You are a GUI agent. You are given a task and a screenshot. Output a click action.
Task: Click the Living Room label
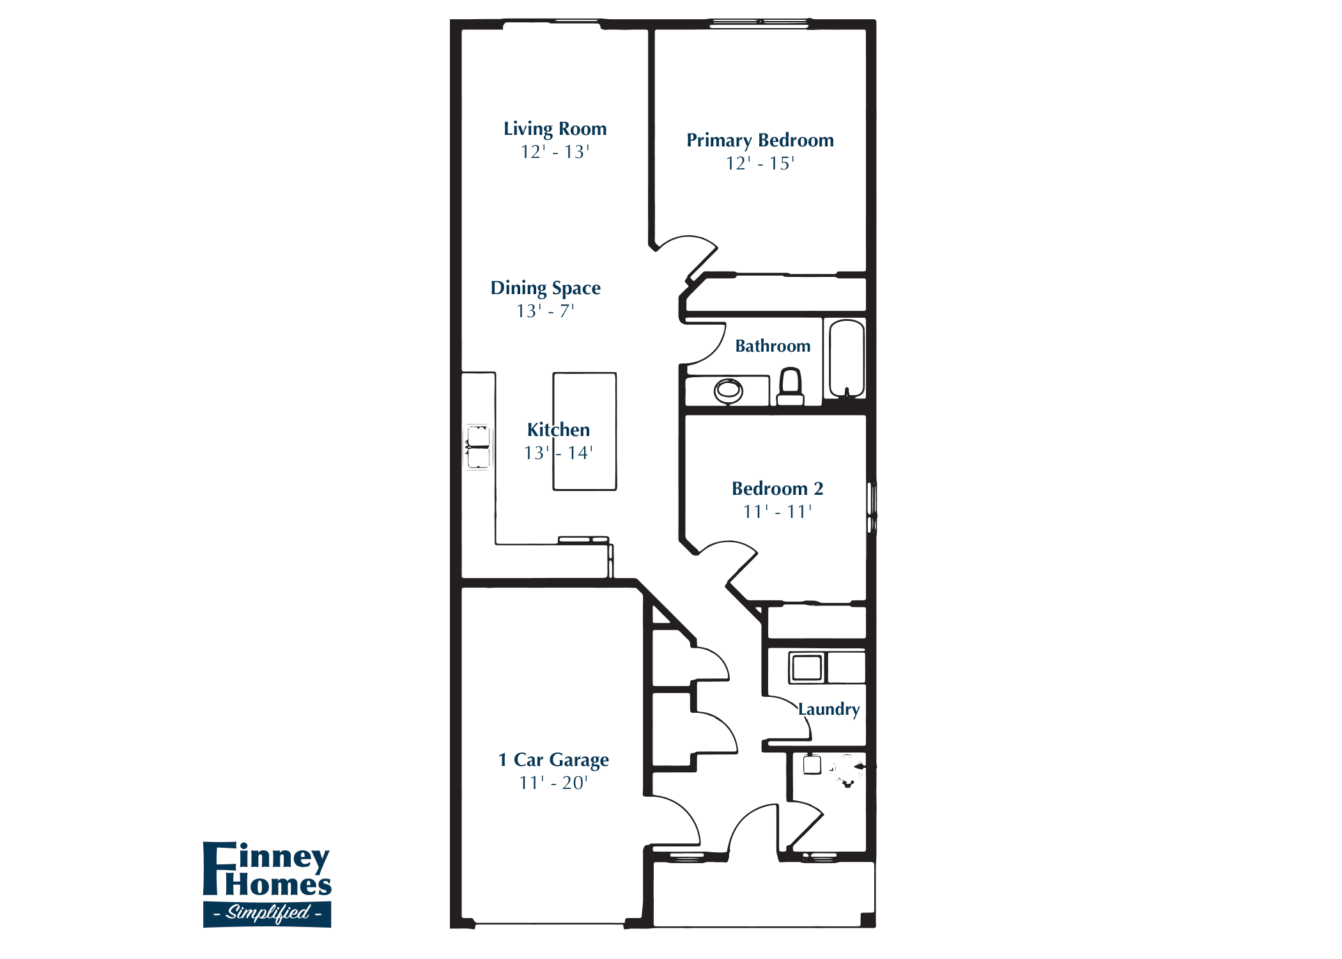[555, 129]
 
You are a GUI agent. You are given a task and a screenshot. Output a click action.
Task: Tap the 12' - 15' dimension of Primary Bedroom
[760, 164]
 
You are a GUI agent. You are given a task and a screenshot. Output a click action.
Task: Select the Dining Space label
[545, 288]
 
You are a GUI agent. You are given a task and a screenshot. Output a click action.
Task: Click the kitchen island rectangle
[585, 396]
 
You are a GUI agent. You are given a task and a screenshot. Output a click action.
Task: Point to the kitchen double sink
[478, 447]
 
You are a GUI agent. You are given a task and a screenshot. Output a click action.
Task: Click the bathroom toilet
[791, 387]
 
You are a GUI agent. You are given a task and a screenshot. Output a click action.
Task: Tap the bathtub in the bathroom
[847, 358]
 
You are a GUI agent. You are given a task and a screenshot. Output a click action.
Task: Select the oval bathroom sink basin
[728, 389]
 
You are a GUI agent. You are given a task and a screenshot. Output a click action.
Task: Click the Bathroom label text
[773, 346]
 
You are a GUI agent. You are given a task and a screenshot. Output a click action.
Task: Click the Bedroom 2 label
[777, 489]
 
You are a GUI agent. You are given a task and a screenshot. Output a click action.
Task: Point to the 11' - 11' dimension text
[777, 512]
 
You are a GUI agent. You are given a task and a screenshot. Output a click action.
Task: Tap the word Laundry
[829, 709]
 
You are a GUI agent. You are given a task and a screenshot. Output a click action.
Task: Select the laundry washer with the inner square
[806, 667]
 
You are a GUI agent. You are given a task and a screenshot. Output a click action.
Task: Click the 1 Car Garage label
[553, 760]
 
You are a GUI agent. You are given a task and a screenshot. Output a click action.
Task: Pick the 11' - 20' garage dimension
[553, 783]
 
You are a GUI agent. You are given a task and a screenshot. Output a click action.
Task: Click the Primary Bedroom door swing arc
[693, 246]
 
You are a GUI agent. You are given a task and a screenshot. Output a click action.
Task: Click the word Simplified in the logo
[268, 912]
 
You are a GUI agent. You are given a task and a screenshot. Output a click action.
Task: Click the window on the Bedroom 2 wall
[872, 508]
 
